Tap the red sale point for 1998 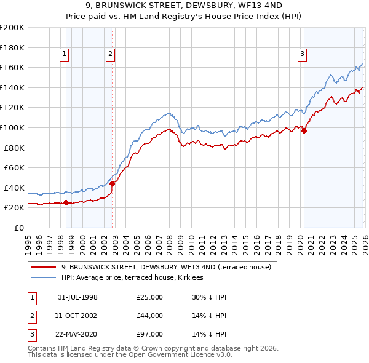[x=66, y=202]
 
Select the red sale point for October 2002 [x=112, y=183]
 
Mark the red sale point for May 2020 [x=304, y=130]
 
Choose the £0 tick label [x=18, y=228]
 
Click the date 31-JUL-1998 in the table [x=77, y=297]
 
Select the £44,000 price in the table [x=150, y=316]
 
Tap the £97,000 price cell [x=150, y=334]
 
